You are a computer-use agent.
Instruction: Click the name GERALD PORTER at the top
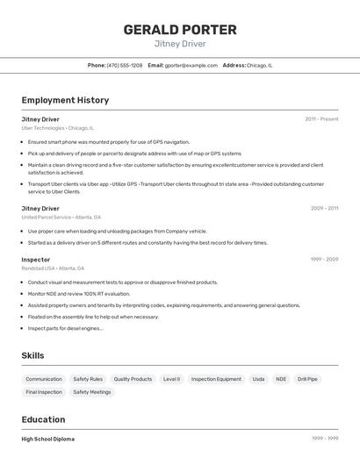[180, 29]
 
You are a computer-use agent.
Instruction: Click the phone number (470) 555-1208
[125, 65]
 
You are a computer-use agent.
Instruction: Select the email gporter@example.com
[191, 65]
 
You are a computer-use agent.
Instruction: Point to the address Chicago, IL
[260, 65]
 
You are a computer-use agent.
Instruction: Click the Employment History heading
[65, 100]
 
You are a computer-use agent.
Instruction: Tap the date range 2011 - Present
[321, 118]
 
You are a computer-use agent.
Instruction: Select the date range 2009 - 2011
[324, 208]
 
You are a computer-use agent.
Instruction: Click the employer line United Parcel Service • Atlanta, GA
[61, 218]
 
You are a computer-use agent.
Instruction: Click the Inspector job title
[36, 260]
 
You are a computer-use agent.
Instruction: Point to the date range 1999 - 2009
[324, 260]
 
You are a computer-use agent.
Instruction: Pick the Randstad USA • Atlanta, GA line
[53, 268]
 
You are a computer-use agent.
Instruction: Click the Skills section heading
[33, 355]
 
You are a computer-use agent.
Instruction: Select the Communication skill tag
[44, 379]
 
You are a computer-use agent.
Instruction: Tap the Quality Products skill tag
[133, 379]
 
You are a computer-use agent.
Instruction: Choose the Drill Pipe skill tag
[307, 379]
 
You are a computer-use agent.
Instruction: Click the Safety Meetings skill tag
[92, 392]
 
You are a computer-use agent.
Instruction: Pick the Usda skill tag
[258, 379]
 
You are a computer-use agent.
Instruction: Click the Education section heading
[43, 419]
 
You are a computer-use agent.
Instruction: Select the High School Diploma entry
[48, 439]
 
